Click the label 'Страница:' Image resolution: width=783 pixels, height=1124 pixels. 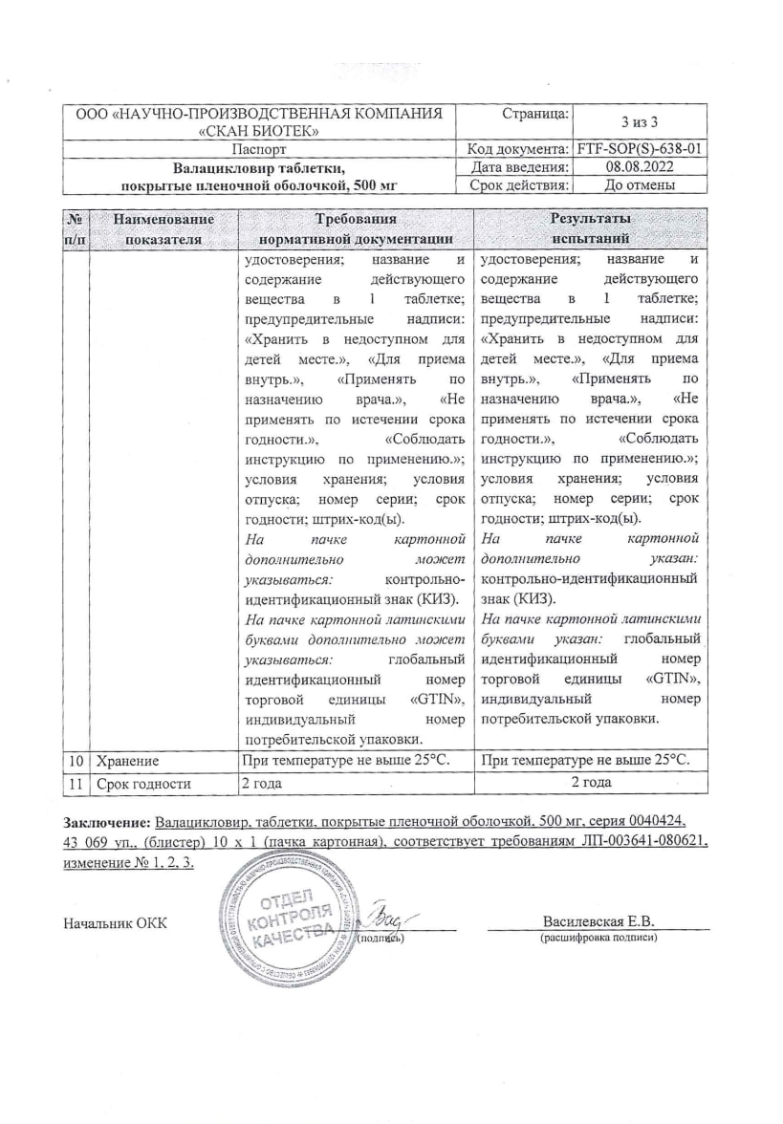tap(535, 114)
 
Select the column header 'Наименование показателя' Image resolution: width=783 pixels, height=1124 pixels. tap(163, 229)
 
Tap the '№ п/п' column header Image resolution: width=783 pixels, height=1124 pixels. tap(75, 229)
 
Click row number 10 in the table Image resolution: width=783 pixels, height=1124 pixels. tap(76, 760)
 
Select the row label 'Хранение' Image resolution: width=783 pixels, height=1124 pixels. tap(126, 760)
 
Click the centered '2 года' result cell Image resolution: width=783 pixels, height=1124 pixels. tap(591, 783)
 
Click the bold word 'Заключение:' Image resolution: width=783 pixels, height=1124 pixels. tap(107, 821)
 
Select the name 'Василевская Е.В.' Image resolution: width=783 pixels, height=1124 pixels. tap(598, 922)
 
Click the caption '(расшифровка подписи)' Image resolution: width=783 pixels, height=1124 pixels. tap(598, 939)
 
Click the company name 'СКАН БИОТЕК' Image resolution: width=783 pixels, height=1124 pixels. tap(258, 131)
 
